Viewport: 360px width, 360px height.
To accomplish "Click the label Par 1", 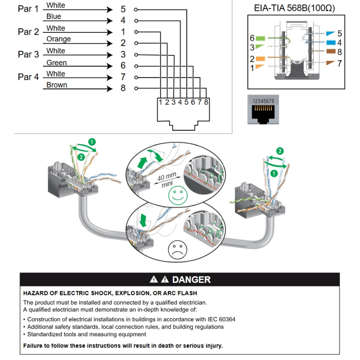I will click(28, 9).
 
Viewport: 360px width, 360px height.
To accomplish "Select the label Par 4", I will click(28, 77).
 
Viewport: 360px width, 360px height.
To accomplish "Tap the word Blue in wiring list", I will click(54, 17).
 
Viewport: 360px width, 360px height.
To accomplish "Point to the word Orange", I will click(58, 39).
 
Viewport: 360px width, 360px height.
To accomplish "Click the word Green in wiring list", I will click(56, 63).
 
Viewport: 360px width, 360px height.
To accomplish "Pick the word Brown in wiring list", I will click(57, 85).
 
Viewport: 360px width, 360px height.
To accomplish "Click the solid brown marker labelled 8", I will click(330, 52).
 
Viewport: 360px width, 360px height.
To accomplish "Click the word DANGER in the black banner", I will click(191, 279).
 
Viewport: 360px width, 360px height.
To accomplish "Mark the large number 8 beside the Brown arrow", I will click(123, 88).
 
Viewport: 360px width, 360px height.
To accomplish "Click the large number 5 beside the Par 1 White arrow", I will click(123, 9).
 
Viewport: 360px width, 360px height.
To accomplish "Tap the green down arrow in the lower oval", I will click(144, 220).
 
